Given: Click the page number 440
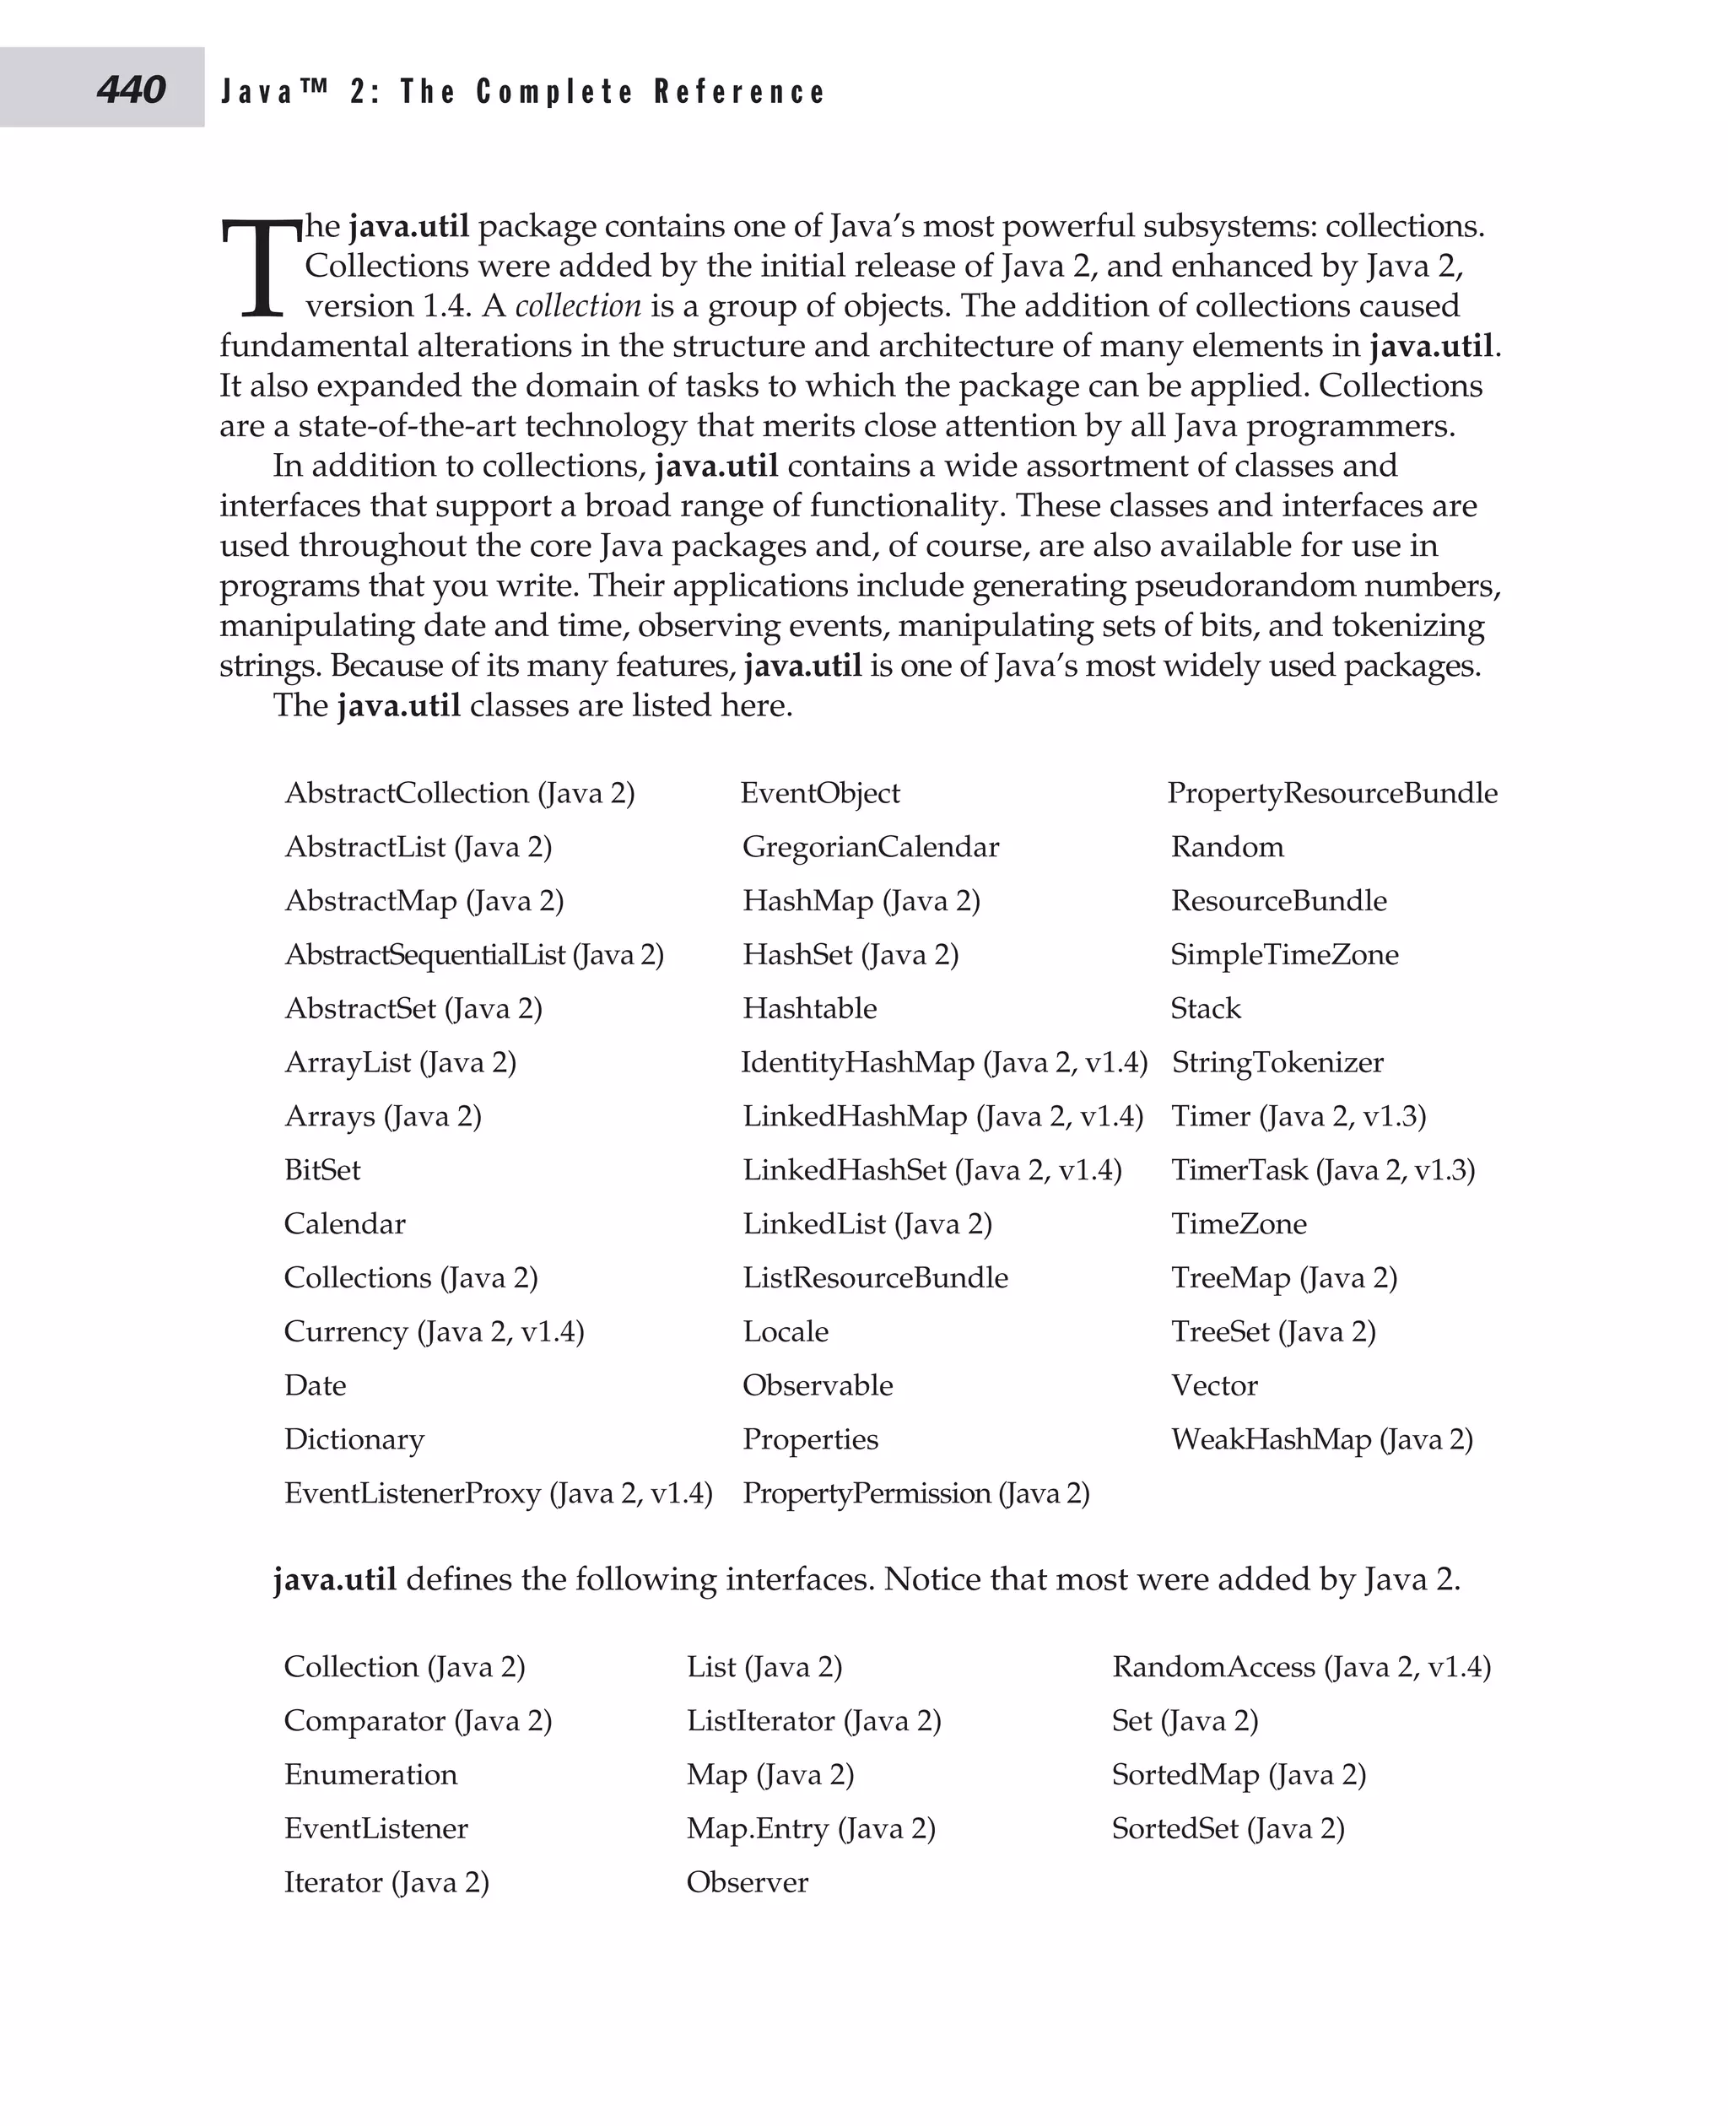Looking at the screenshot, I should tap(131, 90).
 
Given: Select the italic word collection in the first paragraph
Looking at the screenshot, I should tap(577, 305).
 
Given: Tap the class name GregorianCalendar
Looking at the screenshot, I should tap(870, 847).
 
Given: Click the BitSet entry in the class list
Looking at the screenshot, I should tap(321, 1169).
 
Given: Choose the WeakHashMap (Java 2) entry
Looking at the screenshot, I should tap(1320, 1439).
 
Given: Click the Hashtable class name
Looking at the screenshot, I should tap(809, 1008).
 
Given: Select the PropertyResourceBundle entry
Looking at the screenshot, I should tap(1331, 793).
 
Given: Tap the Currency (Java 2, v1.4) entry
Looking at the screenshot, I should tap(433, 1332).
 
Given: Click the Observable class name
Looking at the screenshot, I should tap(818, 1385).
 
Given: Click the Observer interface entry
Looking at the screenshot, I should tap(747, 1882).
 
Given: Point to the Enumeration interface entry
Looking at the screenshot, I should tap(370, 1775).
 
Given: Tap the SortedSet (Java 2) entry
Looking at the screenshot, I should tap(1228, 1828).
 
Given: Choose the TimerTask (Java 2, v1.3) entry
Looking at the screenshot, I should tap(1322, 1169).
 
